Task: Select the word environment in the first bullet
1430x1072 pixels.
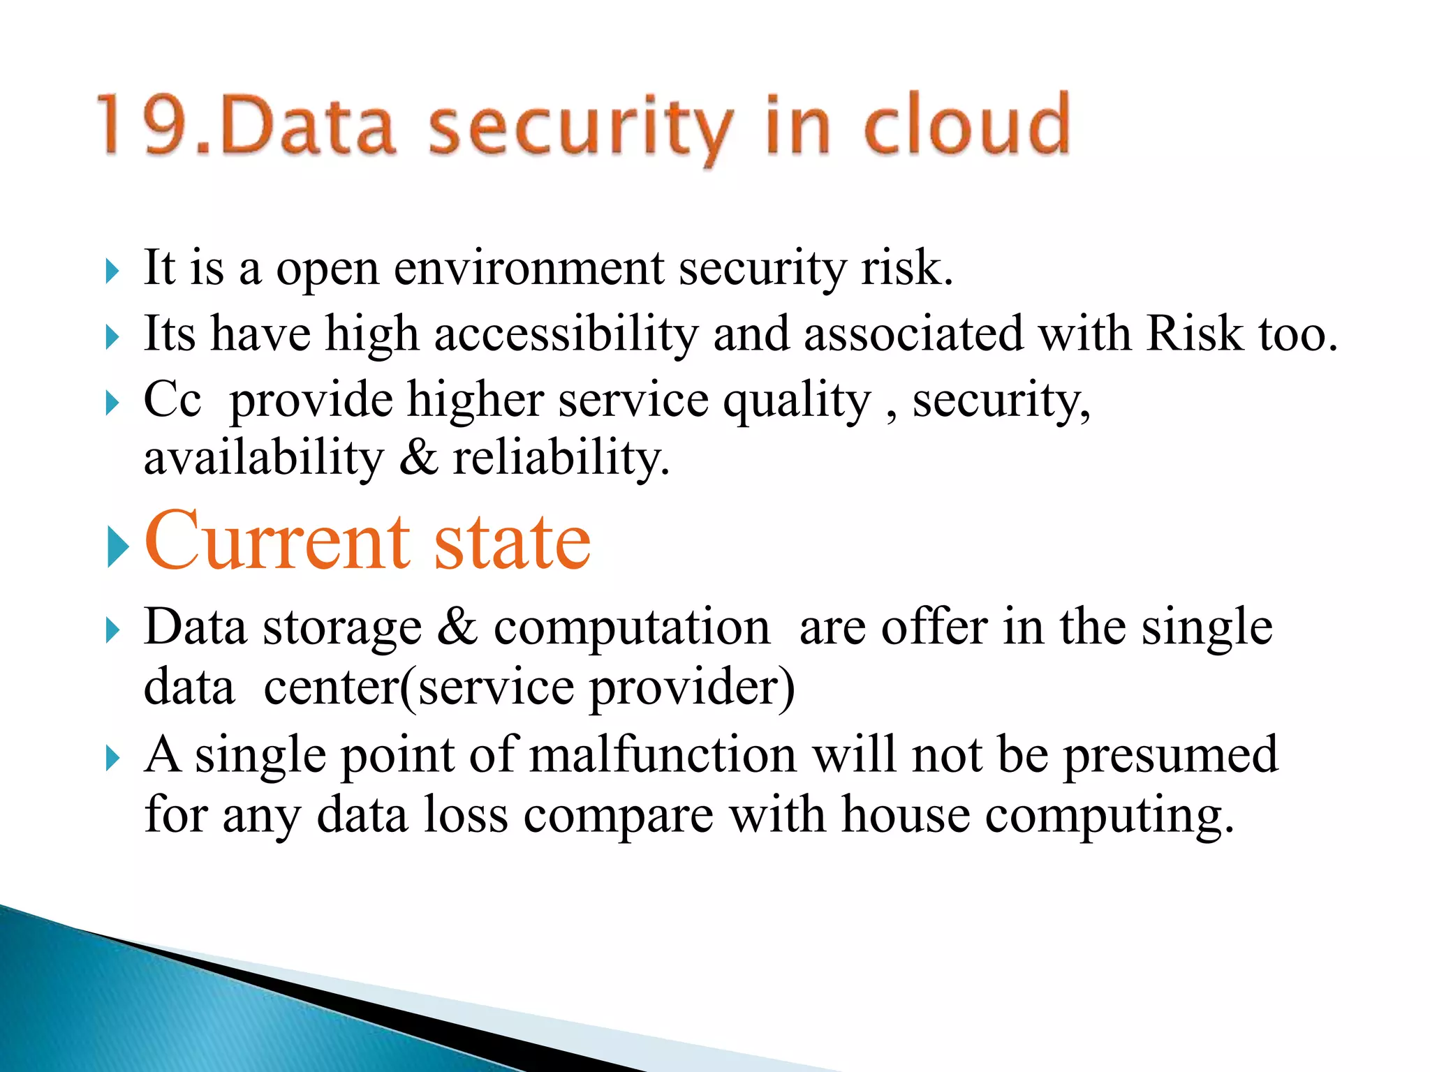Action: pyautogui.click(x=529, y=269)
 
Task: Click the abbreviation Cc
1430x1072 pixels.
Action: pyautogui.click(x=172, y=400)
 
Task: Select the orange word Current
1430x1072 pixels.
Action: pyautogui.click(x=278, y=542)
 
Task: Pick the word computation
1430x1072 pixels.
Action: pyautogui.click(x=632, y=627)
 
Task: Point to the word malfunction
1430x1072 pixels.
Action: pyautogui.click(x=663, y=755)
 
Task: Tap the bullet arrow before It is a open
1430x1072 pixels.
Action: pyautogui.click(x=112, y=271)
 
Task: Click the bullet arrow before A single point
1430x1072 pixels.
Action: pyautogui.click(x=112, y=758)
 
